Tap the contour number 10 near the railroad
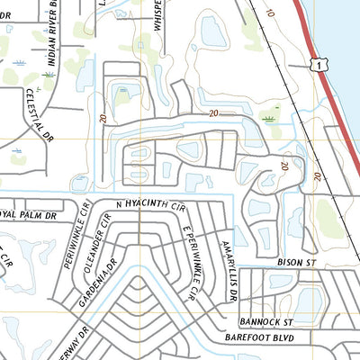(271, 13)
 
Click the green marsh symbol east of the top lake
(266, 118)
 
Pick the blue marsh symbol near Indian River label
(21, 64)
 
